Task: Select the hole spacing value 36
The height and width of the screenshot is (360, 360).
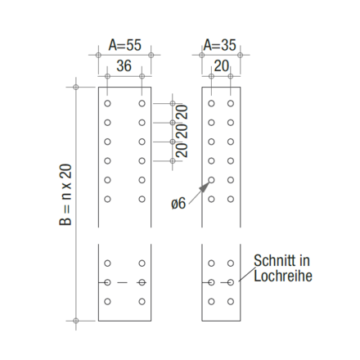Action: (124, 65)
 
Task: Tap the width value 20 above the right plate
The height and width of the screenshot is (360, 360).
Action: (221, 65)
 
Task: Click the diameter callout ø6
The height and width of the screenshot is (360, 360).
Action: (178, 204)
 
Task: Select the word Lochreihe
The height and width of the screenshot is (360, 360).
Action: (283, 276)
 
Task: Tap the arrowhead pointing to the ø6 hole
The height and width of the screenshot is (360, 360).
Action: (205, 185)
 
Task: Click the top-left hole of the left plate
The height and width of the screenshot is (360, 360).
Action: (107, 104)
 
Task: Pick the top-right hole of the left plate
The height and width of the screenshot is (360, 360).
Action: (142, 104)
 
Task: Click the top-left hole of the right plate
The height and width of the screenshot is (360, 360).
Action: (211, 104)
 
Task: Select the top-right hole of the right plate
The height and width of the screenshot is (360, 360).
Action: (231, 104)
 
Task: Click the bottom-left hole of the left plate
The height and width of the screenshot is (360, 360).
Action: (107, 301)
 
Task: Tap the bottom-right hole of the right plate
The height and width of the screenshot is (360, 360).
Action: (231, 301)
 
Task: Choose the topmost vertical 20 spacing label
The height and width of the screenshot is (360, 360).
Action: (182, 112)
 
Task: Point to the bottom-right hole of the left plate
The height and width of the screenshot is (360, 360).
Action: (142, 301)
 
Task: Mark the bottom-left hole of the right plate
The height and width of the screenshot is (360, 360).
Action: (211, 301)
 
